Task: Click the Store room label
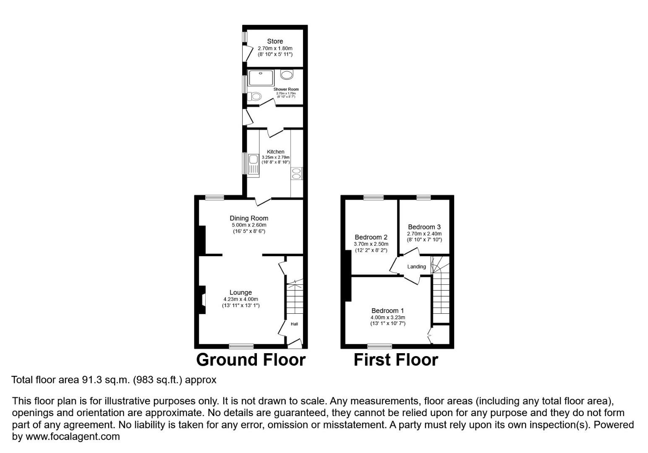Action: coord(275,41)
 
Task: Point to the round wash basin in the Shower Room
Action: coord(287,75)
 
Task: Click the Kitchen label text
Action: coord(275,152)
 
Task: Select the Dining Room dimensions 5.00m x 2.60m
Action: coord(248,225)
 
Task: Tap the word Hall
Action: coord(294,324)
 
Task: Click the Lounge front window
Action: coord(241,346)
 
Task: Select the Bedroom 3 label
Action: coord(424,227)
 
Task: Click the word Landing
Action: coord(416,267)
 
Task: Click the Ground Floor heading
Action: coord(251,360)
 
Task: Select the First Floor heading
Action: coord(396,360)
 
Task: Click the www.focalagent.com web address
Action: coord(73,437)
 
